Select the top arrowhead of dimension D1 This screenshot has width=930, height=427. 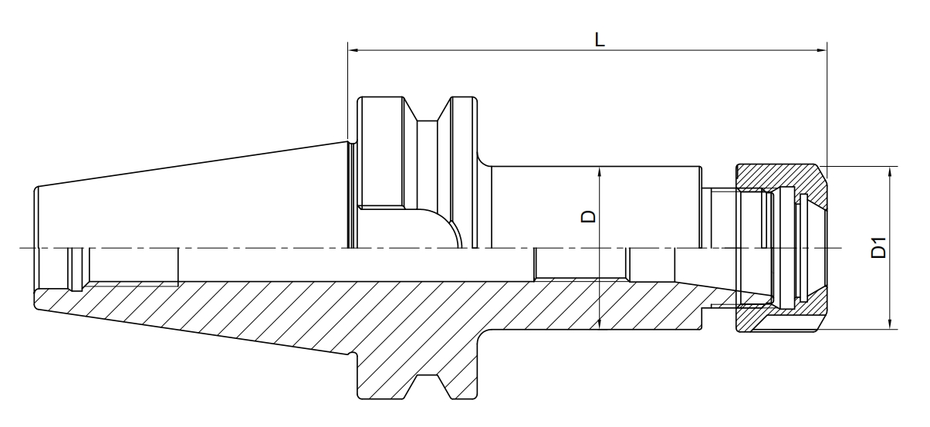[891, 171]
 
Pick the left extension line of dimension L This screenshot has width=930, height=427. [348, 93]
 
